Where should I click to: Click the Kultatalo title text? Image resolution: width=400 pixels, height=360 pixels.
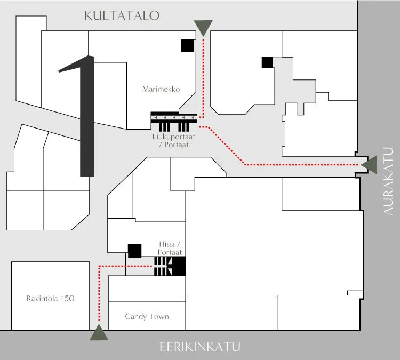pos(122,15)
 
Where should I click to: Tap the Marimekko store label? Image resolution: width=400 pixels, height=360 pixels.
pos(161,89)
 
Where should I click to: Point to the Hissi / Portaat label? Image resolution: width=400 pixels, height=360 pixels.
pos(171,248)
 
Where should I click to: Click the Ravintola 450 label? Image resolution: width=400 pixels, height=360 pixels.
pos(50,298)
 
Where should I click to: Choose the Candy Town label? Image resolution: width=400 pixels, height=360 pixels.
pos(147,316)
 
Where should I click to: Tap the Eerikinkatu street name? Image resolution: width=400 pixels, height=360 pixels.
pos(200,348)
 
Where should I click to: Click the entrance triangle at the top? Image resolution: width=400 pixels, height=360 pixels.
pos(203,27)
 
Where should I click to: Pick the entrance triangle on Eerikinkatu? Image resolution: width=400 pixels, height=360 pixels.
pos(99,333)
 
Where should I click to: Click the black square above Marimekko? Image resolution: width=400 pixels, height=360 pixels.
pos(187,46)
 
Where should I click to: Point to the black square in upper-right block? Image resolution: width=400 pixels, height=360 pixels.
pos(267,62)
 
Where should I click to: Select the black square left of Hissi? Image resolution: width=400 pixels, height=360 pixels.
pos(134,250)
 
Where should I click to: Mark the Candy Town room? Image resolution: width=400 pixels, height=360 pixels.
pos(147,323)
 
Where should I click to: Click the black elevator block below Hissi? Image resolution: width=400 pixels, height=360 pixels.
pos(179,266)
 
